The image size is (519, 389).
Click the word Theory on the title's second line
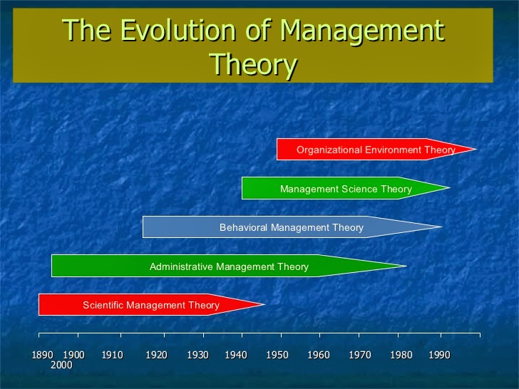click(x=253, y=65)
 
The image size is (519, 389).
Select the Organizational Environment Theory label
click(x=376, y=150)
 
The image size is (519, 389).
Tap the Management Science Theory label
click(x=346, y=189)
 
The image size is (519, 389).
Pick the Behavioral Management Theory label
click(x=291, y=227)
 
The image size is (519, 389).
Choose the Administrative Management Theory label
click(x=229, y=266)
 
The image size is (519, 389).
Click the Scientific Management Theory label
click(x=150, y=305)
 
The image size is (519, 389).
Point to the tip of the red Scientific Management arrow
click(x=264, y=305)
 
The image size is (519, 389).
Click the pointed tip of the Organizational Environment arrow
click(x=475, y=150)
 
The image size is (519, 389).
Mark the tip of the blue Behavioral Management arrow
click(x=441, y=227)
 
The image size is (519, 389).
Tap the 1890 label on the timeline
click(x=43, y=355)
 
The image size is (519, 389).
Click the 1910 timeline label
click(x=112, y=355)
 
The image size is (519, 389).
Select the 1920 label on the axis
click(x=156, y=355)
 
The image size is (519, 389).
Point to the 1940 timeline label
click(x=236, y=355)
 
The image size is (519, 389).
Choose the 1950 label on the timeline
click(x=277, y=355)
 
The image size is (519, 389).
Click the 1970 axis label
click(x=360, y=355)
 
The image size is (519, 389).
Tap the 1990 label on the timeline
click(x=439, y=355)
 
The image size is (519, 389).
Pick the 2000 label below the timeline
click(x=61, y=365)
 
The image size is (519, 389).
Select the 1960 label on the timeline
click(x=319, y=355)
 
